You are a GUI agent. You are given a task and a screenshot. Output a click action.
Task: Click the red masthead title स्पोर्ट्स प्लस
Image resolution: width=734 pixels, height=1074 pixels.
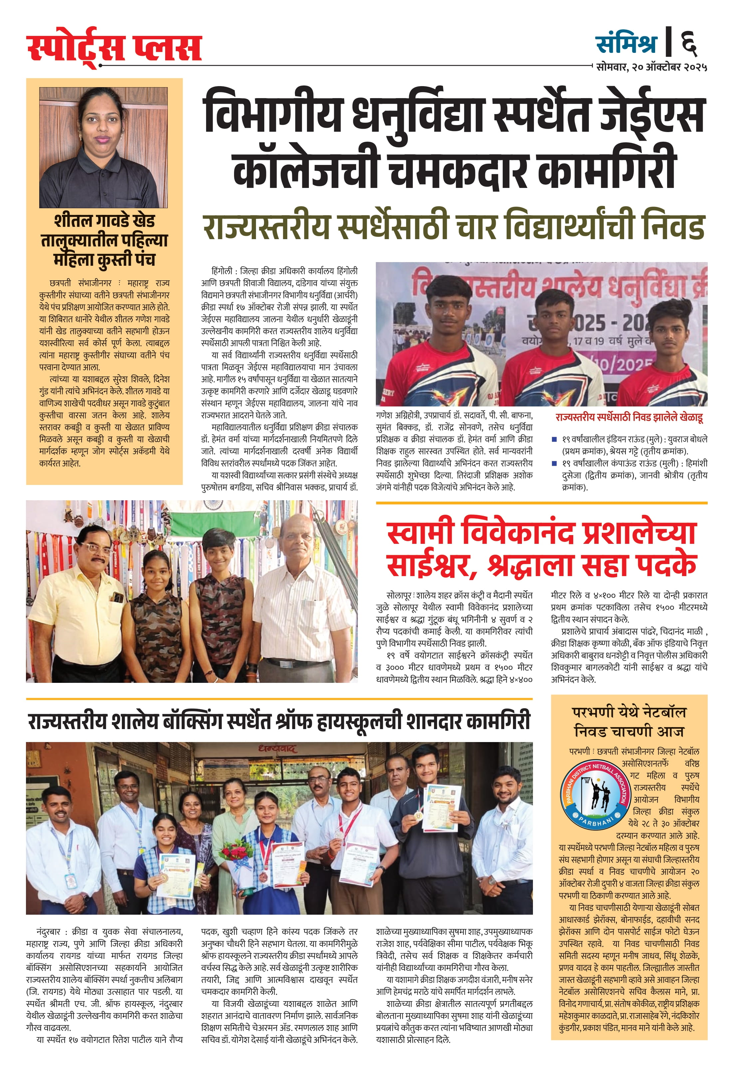(114, 47)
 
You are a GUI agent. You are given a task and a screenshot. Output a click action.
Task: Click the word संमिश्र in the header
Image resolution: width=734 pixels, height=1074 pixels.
(626, 43)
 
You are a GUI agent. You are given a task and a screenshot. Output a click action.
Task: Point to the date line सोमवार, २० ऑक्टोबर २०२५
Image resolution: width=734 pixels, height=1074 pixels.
(651, 67)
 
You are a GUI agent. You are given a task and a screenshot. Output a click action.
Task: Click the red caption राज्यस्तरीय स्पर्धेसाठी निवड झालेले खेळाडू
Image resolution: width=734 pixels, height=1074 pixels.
(629, 417)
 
